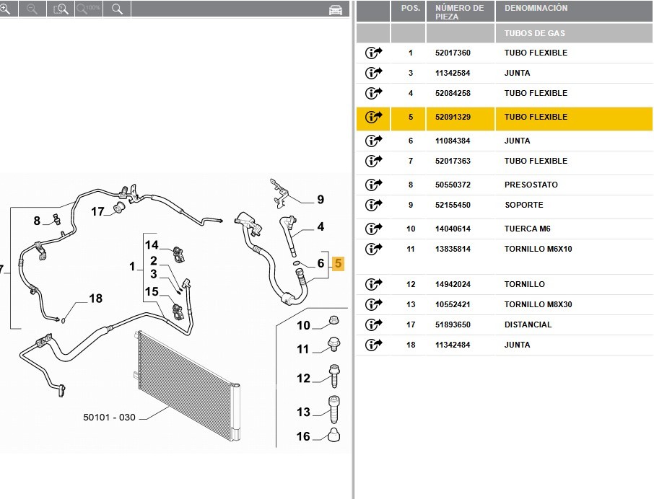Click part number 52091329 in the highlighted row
pyautogui.click(x=453, y=117)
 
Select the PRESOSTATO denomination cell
pyautogui.click(x=531, y=185)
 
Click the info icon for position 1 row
pyautogui.click(x=373, y=53)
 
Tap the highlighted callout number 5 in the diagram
pyautogui.click(x=339, y=263)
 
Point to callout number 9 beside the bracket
pyautogui.click(x=321, y=200)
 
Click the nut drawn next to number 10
pyautogui.click(x=333, y=320)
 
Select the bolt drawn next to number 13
pyautogui.click(x=334, y=410)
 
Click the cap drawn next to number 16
pyautogui.click(x=333, y=434)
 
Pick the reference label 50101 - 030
pyautogui.click(x=109, y=418)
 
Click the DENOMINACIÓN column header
pyautogui.click(x=536, y=8)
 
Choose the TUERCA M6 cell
pyautogui.click(x=527, y=229)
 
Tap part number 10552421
pyautogui.click(x=453, y=304)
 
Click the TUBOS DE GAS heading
pyautogui.click(x=535, y=33)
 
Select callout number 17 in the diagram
pyautogui.click(x=97, y=211)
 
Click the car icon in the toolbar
pyautogui.click(x=336, y=9)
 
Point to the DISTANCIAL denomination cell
pyautogui.click(x=528, y=324)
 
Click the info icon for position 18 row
pyautogui.click(x=373, y=345)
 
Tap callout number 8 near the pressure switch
pyautogui.click(x=37, y=221)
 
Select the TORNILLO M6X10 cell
pyautogui.click(x=538, y=249)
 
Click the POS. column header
pyautogui.click(x=411, y=8)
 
